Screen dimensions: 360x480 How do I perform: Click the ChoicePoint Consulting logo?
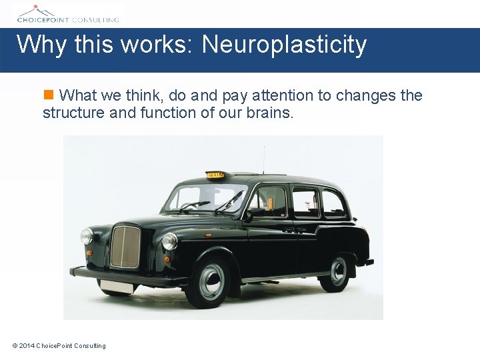coord(68,13)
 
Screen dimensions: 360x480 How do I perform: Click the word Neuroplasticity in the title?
coord(285,45)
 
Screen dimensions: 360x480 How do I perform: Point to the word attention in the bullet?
coord(283,95)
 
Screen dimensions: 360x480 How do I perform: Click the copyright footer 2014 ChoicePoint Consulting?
coord(59,345)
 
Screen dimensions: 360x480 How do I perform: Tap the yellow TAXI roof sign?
coord(216,175)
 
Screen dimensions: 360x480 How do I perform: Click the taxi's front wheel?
coord(211,281)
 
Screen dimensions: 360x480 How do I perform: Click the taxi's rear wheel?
coord(338,271)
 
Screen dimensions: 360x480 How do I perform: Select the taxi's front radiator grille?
coord(125,247)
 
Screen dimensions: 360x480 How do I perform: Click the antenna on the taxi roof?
coord(263,159)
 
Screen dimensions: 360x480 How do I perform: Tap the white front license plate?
coord(116,286)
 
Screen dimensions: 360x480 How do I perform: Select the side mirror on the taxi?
coord(247,215)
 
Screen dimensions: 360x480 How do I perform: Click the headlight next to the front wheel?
coord(170,241)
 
